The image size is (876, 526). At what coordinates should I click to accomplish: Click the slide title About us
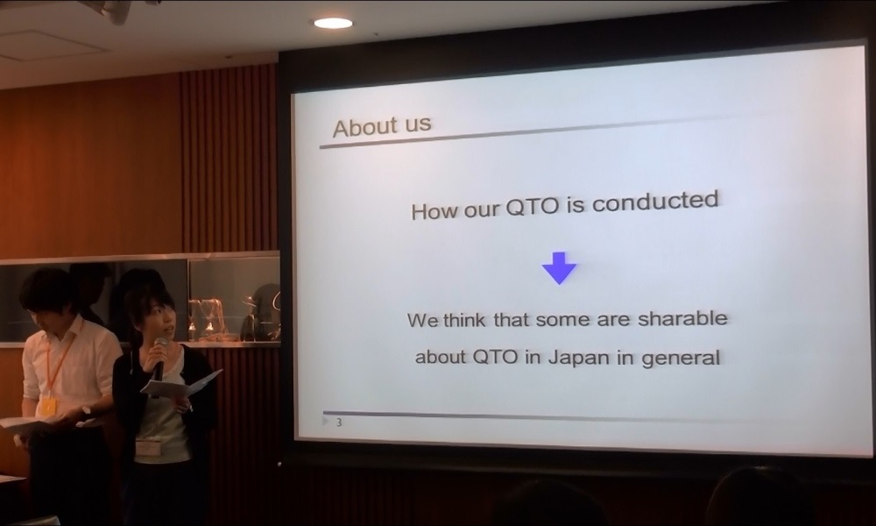coord(382,125)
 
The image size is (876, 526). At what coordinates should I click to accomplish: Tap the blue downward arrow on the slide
coord(559,267)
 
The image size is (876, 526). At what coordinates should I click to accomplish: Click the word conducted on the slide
coord(655,202)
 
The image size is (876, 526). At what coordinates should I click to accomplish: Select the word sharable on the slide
coord(682,318)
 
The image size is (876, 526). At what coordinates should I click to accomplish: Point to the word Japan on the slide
coord(579,357)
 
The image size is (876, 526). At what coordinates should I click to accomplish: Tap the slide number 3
coord(338,423)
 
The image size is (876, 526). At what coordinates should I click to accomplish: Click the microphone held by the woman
coord(159,358)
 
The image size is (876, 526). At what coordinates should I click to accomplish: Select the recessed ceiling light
coord(333,23)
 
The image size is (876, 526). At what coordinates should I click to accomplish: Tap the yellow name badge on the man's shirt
coord(48,406)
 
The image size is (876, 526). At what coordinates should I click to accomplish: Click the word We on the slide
coord(423,321)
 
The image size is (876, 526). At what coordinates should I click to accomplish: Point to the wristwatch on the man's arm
coord(86,411)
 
